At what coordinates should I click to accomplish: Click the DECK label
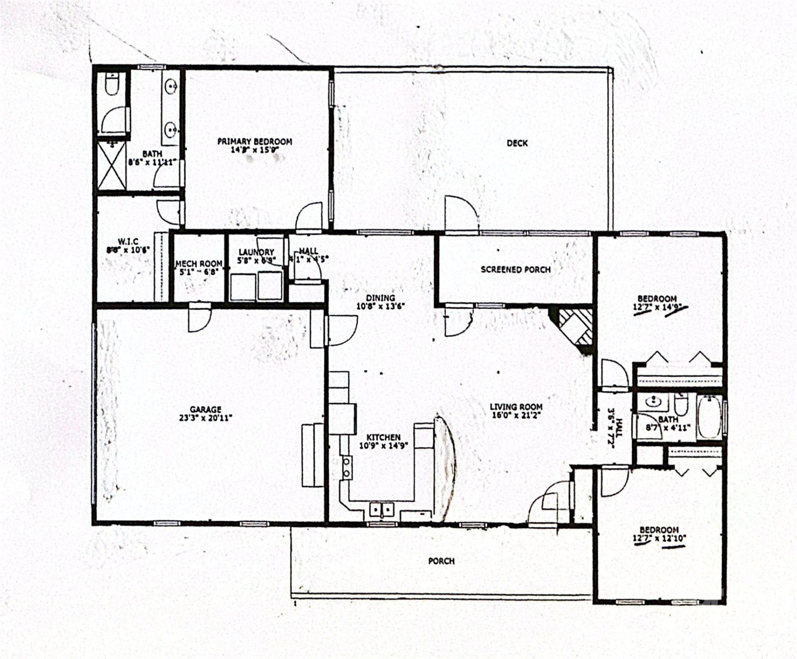(517, 143)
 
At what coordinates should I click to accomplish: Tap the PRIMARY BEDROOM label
(254, 142)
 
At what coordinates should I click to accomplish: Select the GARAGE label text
(205, 410)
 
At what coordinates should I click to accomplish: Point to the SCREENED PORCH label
(515, 270)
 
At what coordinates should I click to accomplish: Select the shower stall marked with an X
(112, 166)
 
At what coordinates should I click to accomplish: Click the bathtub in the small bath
(709, 417)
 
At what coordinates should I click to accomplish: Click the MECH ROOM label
(199, 264)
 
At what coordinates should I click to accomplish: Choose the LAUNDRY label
(256, 252)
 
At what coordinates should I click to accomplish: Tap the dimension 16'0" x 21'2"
(516, 416)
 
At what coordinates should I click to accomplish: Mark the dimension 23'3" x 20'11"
(205, 418)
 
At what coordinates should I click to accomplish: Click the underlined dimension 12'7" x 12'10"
(659, 539)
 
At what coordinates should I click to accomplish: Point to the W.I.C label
(128, 242)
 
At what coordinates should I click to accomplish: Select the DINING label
(380, 298)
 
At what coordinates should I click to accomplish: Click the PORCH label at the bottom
(441, 561)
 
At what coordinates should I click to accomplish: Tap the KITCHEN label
(383, 438)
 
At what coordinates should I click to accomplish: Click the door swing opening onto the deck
(461, 214)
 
